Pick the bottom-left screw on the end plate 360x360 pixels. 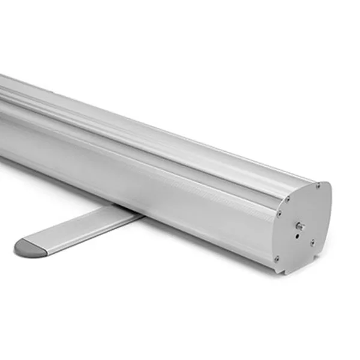276,259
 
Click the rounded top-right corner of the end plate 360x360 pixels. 327,186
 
